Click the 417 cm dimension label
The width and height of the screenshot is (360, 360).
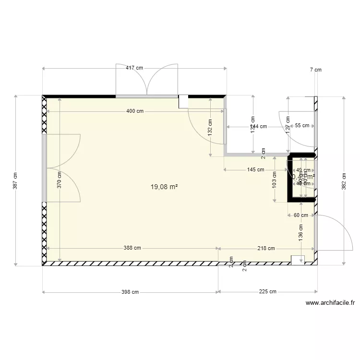click(x=134, y=68)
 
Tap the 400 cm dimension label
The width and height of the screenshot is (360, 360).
click(x=135, y=111)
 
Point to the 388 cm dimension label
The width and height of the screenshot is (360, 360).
click(x=132, y=248)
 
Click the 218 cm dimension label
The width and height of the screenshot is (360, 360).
click(x=266, y=248)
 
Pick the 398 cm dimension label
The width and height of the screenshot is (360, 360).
click(x=130, y=291)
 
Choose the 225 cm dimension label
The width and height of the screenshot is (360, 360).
click(x=267, y=291)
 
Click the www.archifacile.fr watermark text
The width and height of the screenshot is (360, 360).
click(x=330, y=303)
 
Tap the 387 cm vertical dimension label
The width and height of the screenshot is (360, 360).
click(x=15, y=180)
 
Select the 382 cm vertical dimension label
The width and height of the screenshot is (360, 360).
click(x=343, y=180)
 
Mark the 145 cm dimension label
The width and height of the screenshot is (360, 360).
click(x=255, y=169)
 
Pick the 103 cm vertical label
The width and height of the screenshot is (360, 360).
click(x=274, y=180)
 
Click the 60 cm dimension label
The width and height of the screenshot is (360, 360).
click(x=301, y=215)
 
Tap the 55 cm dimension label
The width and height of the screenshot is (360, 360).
click(x=302, y=126)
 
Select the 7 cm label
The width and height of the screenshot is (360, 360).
click(x=315, y=70)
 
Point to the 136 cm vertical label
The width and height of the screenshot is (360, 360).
click(x=301, y=233)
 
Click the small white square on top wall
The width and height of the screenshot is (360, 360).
click(x=183, y=101)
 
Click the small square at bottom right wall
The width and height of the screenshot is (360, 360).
click(x=298, y=260)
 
